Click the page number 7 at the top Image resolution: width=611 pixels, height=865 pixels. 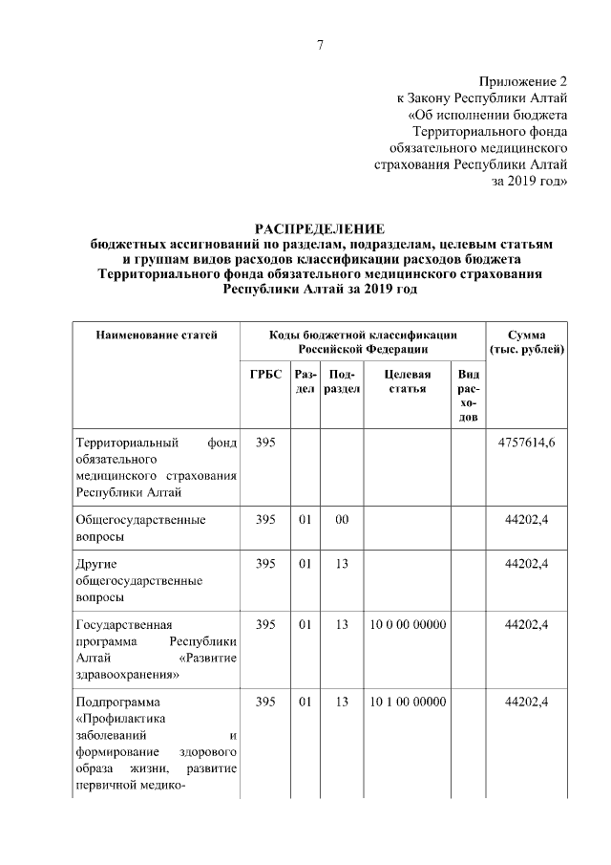pos(320,46)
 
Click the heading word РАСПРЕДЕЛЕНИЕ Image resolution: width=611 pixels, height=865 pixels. pos(319,229)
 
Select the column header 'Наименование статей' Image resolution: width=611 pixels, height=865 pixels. pos(157,335)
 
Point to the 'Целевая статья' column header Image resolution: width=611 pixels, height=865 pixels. pos(408,382)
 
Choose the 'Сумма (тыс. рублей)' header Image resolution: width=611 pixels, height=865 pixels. pos(527,342)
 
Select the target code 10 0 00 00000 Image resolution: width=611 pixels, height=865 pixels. pos(408,624)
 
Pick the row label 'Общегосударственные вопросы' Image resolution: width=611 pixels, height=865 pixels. pos(140,529)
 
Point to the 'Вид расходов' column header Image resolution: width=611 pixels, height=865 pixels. pos(468,397)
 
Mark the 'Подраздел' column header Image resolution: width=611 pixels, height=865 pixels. pos(340,382)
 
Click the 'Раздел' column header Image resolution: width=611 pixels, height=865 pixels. pos(305,382)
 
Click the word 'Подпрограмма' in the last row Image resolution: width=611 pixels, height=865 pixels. pos(114,703)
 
